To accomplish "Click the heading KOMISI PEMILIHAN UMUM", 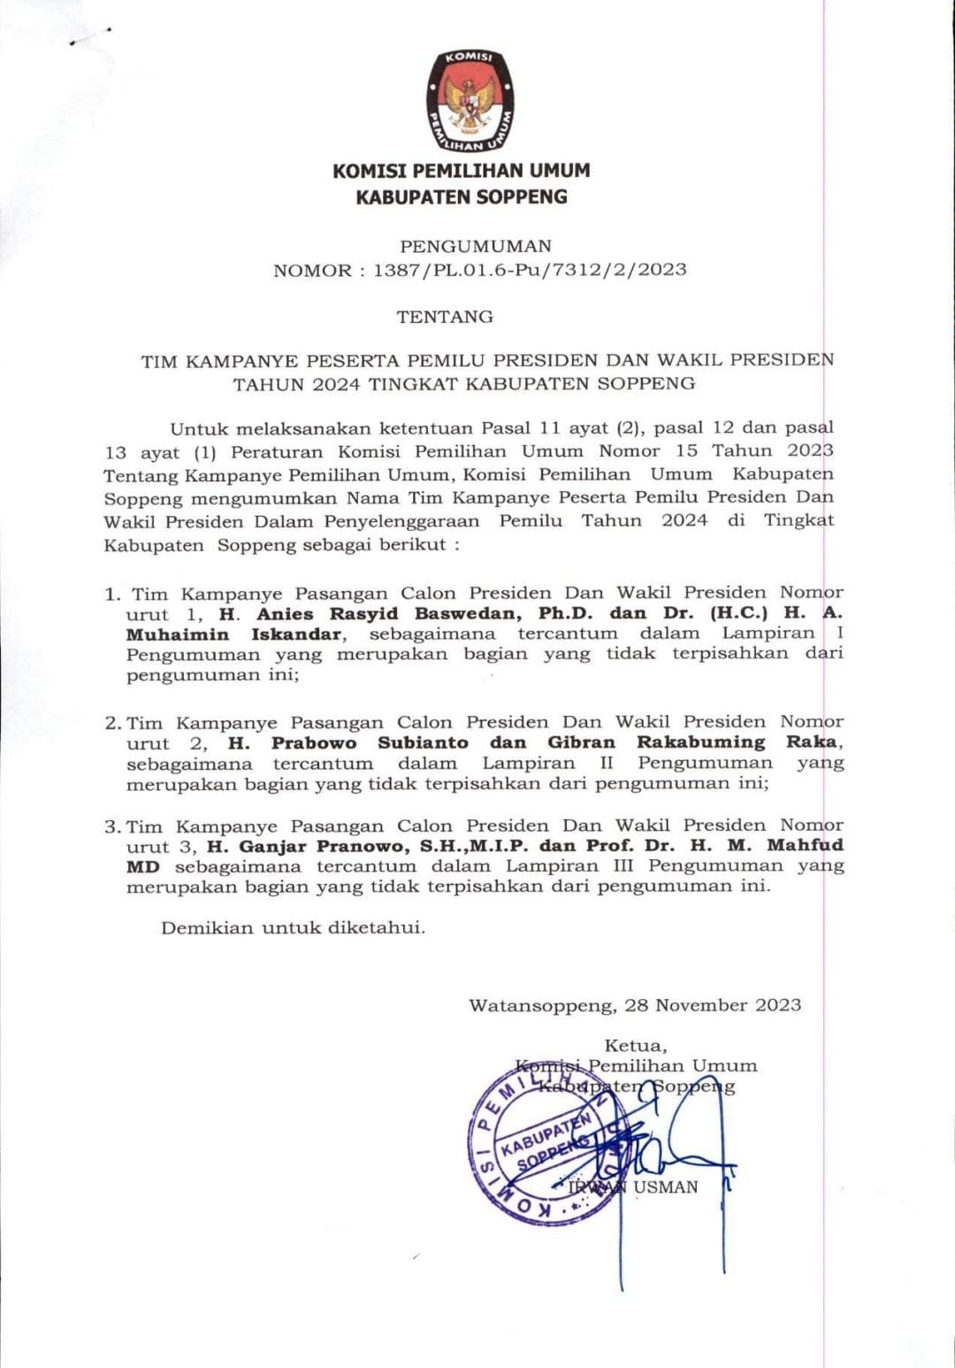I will [462, 171].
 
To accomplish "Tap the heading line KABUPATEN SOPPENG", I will [462, 196].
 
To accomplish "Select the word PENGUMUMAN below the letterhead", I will [476, 246].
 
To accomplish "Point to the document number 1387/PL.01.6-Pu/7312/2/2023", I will [530, 270].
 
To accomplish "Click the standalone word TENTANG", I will [445, 316].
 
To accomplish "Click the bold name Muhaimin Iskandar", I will [233, 634].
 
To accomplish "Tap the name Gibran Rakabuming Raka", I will [693, 743].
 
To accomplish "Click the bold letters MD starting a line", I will [142, 867].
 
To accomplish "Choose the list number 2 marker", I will [111, 723].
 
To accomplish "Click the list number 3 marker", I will [111, 827].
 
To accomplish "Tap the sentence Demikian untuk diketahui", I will [293, 928].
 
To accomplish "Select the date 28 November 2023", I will [713, 1005].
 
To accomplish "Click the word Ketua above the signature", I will [635, 1046].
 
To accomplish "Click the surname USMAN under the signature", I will [665, 1187].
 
